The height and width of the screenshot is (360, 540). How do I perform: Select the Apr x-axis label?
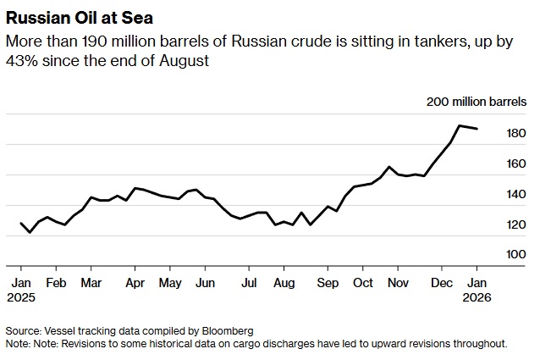coord(134,282)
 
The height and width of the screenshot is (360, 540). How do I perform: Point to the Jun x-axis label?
coord(206,282)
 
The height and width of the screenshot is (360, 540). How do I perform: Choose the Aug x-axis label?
coord(284,282)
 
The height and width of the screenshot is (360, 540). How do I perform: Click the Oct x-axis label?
coord(363,282)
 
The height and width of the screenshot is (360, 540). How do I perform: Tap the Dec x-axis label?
coord(440,282)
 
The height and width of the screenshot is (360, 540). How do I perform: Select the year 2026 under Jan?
coord(477,297)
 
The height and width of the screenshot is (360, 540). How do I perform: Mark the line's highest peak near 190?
coord(459,126)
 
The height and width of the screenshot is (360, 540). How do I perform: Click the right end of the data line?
coord(477,129)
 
